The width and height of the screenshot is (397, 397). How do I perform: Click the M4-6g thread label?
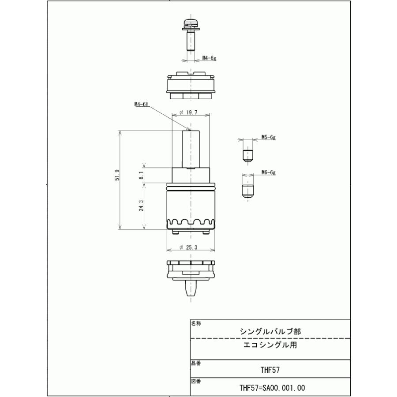tap(209, 58)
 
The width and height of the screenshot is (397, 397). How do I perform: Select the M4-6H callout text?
tap(142, 105)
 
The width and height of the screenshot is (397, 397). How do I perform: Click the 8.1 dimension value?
tap(141, 175)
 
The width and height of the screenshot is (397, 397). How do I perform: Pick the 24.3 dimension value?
tap(141, 206)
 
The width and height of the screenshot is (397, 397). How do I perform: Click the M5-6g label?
tap(268, 137)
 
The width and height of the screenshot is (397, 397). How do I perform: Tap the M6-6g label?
tap(268, 172)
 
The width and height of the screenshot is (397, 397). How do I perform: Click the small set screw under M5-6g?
tap(248, 155)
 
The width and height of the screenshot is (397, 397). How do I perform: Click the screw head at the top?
tap(190, 22)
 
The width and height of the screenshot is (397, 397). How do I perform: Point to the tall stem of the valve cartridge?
tap(190, 149)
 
